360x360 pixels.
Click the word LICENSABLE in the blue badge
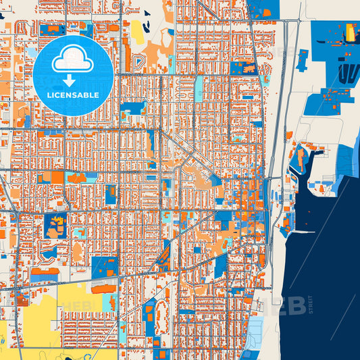[73, 95]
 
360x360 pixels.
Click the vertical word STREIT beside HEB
[312, 304]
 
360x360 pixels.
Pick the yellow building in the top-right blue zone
[351, 32]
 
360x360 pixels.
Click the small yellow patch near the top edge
[137, 31]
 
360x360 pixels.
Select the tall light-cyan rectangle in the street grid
[199, 88]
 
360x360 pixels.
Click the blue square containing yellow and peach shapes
[55, 224]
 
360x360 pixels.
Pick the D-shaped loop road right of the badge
[140, 63]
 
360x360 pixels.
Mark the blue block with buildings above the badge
[52, 30]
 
